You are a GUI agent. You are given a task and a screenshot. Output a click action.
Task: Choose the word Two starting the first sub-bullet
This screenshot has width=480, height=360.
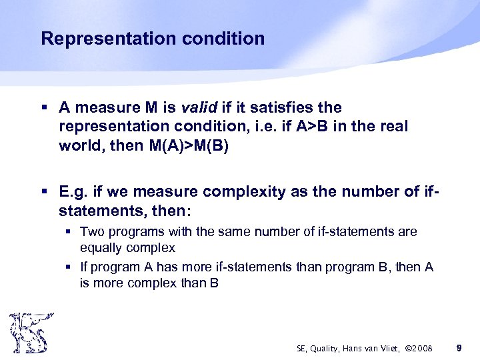(92, 232)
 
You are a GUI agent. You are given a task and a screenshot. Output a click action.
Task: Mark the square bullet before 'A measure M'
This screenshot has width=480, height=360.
(44, 107)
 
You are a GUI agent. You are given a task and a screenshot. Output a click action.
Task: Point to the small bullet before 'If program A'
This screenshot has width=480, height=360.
(69, 267)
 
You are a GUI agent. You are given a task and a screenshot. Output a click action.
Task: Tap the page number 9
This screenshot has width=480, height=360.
(458, 347)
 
